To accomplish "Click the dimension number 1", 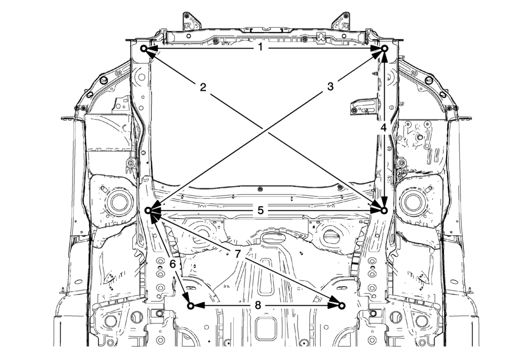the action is coord(260,48).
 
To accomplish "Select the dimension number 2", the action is coord(203,88).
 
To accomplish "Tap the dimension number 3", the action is coord(330,86).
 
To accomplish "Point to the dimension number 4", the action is coord(383,128).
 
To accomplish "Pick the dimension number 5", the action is coord(260,210).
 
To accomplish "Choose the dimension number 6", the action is coord(173,264).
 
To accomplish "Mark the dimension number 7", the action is coord(237,253).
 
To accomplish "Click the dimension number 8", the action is coord(258,305).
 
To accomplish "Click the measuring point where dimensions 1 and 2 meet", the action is coord(144,49).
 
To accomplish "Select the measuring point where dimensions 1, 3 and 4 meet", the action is coord(385,49).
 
